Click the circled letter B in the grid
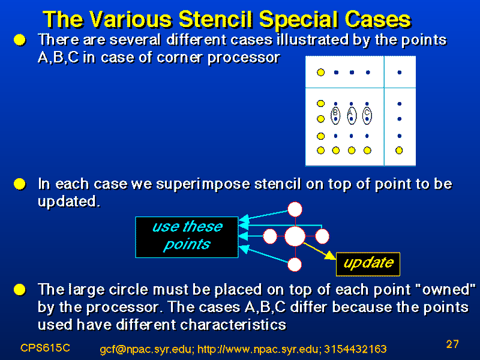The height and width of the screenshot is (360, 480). tap(335, 112)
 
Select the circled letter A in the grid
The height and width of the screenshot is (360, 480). tap(350, 112)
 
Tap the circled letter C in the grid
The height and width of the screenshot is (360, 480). tap(367, 112)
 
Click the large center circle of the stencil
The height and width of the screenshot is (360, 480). tap(295, 236)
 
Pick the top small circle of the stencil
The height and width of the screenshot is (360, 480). tap(295, 209)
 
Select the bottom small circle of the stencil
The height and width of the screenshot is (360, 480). tap(295, 265)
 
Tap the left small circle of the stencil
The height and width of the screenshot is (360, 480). tap(270, 236)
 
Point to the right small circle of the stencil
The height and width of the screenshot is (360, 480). tap(322, 236)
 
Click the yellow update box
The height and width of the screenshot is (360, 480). tap(368, 264)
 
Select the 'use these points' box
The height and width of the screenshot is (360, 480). tap(187, 237)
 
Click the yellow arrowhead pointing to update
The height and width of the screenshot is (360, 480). tap(331, 256)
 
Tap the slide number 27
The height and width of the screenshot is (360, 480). tap(452, 344)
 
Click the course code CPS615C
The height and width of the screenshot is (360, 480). tap(45, 348)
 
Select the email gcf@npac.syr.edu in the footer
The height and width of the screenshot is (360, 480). tap(146, 349)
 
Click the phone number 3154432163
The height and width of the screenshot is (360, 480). tap(355, 349)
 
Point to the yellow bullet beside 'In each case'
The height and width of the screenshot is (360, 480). tap(20, 184)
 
